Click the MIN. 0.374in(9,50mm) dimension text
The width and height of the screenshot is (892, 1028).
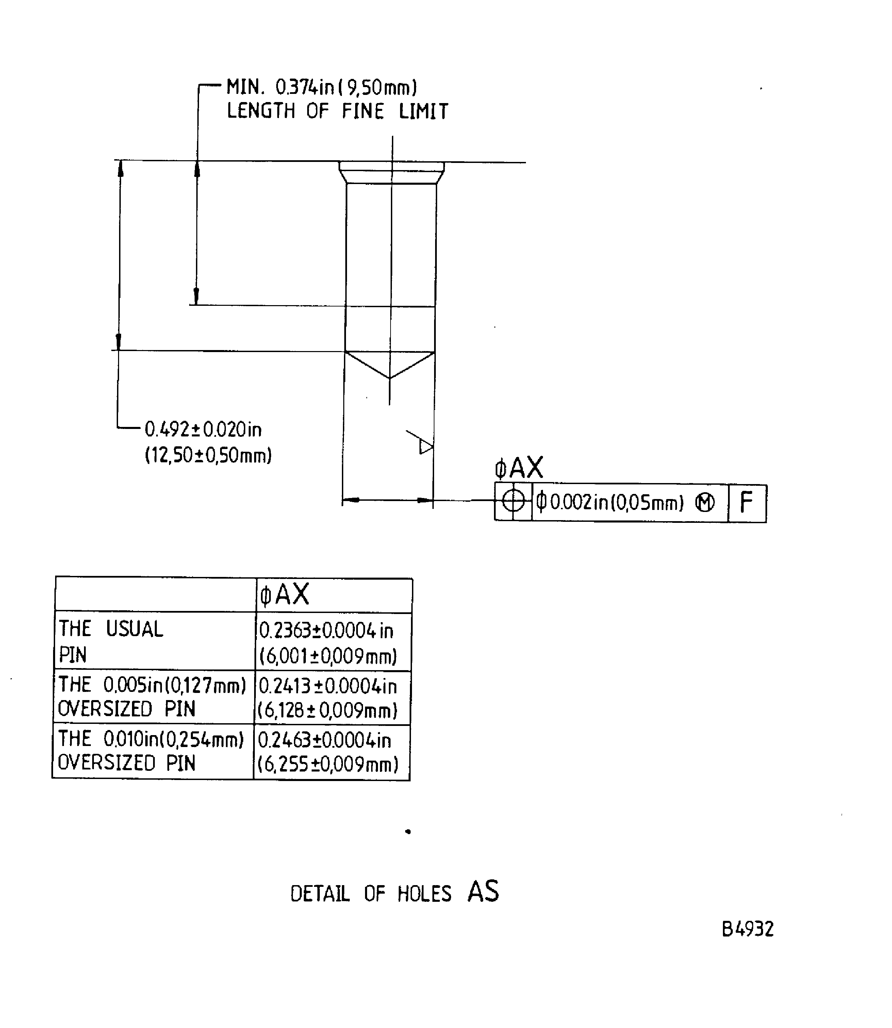321,88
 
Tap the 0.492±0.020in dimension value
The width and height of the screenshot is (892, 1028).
203,429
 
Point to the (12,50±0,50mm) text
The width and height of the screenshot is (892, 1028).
208,455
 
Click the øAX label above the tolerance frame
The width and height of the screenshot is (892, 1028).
519,468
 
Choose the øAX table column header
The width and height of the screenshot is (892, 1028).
285,594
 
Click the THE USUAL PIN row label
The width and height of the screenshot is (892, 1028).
111,642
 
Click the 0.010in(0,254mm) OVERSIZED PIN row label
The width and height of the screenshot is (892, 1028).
151,751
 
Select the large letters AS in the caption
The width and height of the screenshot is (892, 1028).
483,891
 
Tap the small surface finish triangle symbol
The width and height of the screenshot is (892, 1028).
425,446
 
